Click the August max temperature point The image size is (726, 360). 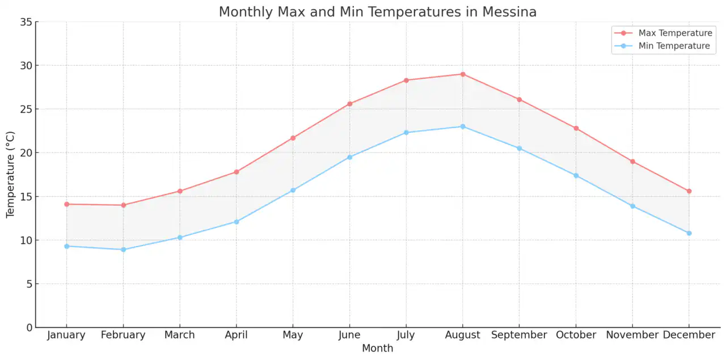pyautogui.click(x=463, y=74)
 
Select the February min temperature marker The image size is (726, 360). pyautogui.click(x=123, y=249)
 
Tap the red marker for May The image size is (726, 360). pyautogui.click(x=293, y=138)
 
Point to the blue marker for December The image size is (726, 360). pyautogui.click(x=689, y=233)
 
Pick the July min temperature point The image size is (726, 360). pyautogui.click(x=406, y=133)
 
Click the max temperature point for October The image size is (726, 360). pyautogui.click(x=576, y=128)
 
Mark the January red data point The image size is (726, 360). pyautogui.click(x=66, y=204)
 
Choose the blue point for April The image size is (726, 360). pyautogui.click(x=237, y=222)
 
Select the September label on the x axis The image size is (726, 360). pyautogui.click(x=519, y=335)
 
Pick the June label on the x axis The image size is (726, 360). pyautogui.click(x=349, y=335)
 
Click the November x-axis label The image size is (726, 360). pyautogui.click(x=632, y=335)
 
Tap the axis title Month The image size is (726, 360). pyautogui.click(x=377, y=348)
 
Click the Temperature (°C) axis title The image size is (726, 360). pyautogui.click(x=10, y=175)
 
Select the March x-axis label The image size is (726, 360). pyautogui.click(x=179, y=335)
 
